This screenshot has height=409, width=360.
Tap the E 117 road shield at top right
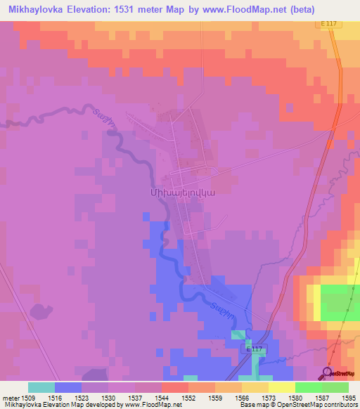coord(329,23)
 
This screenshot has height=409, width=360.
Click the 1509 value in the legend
coord(28,398)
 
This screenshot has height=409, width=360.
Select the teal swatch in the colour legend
coord(41,387)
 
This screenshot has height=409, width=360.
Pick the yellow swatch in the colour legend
coord(281,387)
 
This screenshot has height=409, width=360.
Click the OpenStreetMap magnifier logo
coord(326,372)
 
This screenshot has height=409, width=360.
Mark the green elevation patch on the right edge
coord(340,300)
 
